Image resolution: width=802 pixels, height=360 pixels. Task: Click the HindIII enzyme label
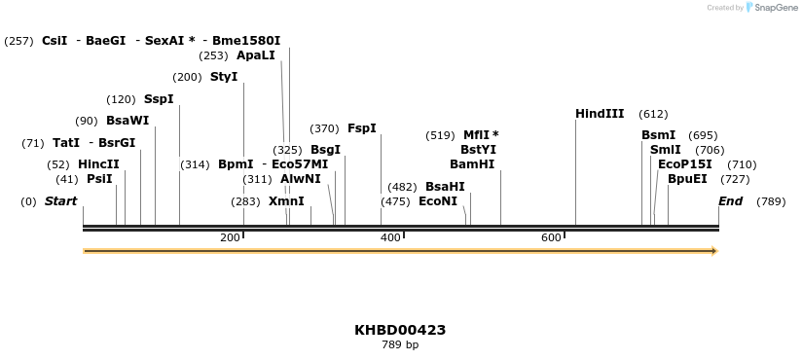click(x=600, y=114)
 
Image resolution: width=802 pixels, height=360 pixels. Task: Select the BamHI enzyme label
click(x=472, y=164)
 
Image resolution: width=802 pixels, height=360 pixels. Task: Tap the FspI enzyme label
click(x=362, y=128)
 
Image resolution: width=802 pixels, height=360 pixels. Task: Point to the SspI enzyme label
click(x=159, y=99)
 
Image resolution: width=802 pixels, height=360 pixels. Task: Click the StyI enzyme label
click(x=224, y=77)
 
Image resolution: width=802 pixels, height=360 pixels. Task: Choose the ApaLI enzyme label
click(x=256, y=55)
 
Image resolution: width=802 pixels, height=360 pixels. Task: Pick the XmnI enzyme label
click(x=286, y=201)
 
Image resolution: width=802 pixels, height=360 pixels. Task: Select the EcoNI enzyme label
click(x=437, y=201)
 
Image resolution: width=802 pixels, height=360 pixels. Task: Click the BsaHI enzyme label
click(x=445, y=187)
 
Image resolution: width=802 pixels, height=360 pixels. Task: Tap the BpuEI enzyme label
click(x=687, y=179)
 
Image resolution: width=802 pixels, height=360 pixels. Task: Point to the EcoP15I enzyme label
click(x=684, y=164)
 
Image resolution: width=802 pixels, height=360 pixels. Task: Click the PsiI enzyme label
click(x=99, y=179)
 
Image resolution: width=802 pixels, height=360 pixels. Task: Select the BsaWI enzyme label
click(x=128, y=121)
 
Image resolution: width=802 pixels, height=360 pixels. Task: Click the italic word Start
click(x=60, y=201)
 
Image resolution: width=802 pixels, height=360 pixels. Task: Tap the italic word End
click(x=730, y=201)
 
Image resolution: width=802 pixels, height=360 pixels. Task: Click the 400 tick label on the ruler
click(x=390, y=238)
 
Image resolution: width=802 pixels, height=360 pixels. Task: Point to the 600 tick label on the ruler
click(x=551, y=238)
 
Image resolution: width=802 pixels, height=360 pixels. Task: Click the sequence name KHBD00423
click(x=400, y=330)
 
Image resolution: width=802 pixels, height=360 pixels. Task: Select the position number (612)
click(x=653, y=114)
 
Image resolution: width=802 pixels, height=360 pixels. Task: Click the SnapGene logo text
click(x=776, y=8)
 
